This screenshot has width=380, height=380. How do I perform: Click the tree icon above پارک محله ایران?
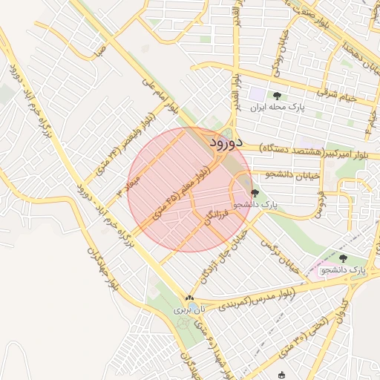point(277,96)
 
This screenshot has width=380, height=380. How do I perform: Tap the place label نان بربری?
point(188,309)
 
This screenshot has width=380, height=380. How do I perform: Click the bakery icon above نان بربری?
point(189,299)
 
